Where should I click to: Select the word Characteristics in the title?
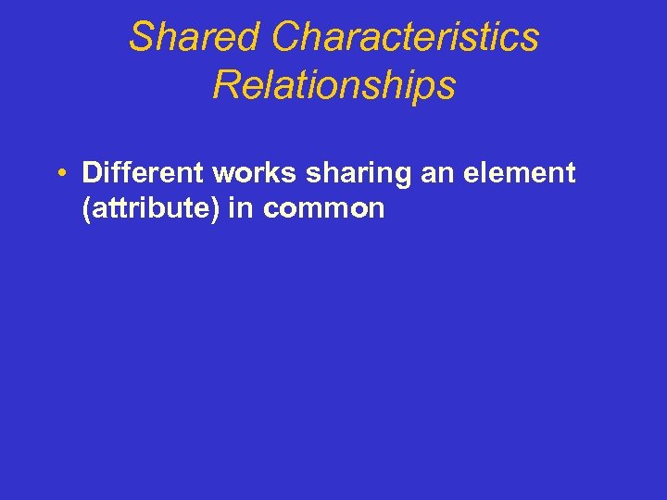(x=406, y=37)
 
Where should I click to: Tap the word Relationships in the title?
(x=333, y=85)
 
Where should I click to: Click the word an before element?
(x=408, y=173)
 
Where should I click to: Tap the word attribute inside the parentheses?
(x=152, y=208)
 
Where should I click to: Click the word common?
(x=323, y=209)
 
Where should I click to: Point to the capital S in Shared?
(x=140, y=37)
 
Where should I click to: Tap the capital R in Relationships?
(x=224, y=85)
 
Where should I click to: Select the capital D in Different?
(x=92, y=172)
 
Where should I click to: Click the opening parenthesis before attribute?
(x=86, y=209)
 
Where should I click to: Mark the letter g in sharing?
(x=371, y=176)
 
